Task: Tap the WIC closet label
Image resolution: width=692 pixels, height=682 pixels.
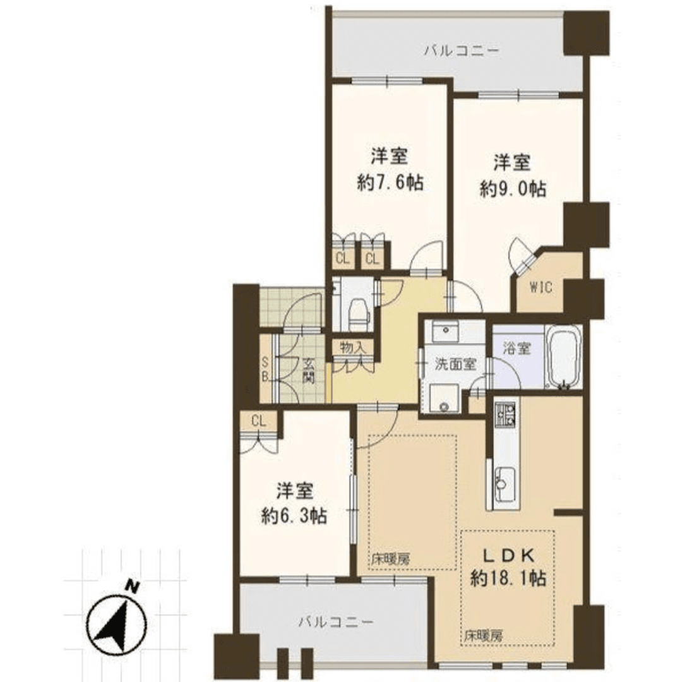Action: (540, 288)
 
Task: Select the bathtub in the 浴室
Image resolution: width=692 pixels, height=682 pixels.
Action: (563, 358)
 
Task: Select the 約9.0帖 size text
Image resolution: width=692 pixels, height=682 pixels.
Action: (512, 188)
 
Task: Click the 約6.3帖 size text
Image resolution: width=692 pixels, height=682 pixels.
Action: (294, 516)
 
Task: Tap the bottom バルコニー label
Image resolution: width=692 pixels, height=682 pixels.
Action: (335, 622)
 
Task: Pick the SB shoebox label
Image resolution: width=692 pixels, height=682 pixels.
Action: (266, 369)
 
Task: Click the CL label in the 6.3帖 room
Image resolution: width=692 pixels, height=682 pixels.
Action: (257, 421)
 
